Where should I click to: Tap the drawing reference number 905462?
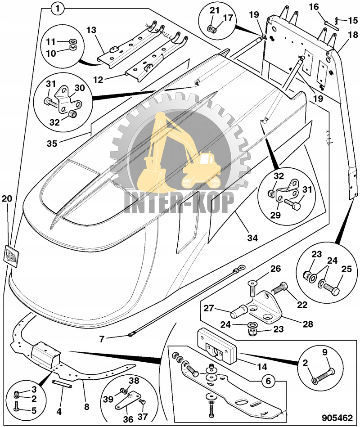(337, 418)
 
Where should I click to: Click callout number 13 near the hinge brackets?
(92, 30)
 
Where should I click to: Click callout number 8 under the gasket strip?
(87, 406)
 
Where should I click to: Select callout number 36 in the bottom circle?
(129, 419)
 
